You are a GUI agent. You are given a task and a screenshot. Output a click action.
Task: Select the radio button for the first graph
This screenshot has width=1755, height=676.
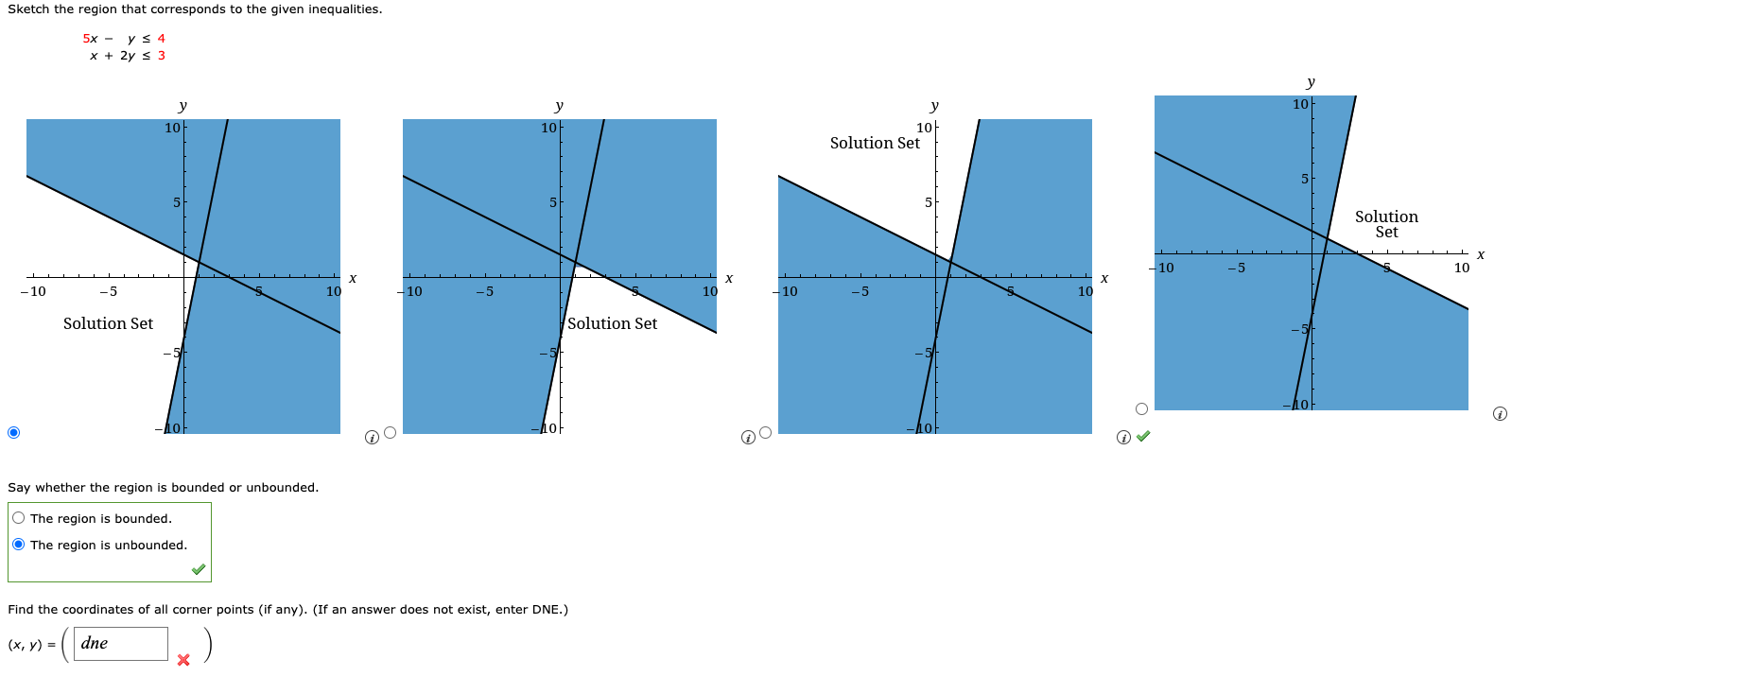pos(13,433)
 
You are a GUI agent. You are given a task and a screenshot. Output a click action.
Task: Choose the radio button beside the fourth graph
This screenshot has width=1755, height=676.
pos(1141,409)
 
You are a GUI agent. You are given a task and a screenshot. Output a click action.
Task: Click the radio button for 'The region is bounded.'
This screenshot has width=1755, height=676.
pos(19,518)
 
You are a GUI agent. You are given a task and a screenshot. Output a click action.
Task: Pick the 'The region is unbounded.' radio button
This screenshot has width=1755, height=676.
pos(19,545)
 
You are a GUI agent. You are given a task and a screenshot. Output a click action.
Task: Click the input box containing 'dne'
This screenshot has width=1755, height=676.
pos(120,644)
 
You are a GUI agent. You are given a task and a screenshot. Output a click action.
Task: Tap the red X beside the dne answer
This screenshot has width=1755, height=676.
pos(183,660)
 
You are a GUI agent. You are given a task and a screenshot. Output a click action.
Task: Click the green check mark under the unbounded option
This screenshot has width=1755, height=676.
pos(198,569)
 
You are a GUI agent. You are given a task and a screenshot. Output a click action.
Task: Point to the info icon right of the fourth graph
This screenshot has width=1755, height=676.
pos(1500,414)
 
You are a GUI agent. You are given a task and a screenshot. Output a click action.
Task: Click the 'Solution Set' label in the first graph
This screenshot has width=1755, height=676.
pos(108,323)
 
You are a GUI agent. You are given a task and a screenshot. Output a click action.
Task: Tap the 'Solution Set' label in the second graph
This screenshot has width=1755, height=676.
pos(612,323)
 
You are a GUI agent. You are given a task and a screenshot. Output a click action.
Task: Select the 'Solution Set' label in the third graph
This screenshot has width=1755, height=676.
pos(875,143)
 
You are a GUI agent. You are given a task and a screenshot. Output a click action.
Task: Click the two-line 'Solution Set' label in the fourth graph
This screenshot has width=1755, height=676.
pos(1386,224)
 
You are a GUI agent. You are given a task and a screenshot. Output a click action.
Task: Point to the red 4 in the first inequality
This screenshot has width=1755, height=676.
pos(162,39)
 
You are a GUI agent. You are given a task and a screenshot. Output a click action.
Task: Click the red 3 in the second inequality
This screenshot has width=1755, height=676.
pos(162,56)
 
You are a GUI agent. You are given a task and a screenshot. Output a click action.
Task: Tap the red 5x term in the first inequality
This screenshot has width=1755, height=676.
pos(90,39)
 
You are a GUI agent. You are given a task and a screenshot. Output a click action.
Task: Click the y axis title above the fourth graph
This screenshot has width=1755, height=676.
pos(1311,82)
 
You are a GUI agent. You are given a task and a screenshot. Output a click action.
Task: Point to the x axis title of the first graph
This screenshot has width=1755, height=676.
pos(353,278)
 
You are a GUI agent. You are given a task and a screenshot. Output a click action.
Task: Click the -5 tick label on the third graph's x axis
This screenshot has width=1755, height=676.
pos(859,291)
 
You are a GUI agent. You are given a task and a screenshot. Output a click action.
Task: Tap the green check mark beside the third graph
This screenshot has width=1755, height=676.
pos(1143,436)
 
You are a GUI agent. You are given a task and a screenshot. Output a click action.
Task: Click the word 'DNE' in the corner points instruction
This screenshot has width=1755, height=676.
pos(547,610)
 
